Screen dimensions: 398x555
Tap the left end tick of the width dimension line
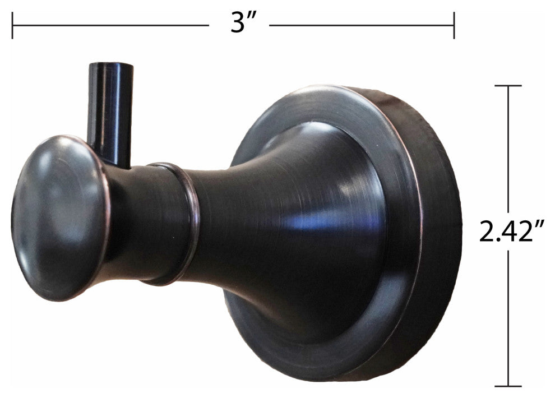click(12, 26)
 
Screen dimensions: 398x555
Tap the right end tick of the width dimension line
click(454, 26)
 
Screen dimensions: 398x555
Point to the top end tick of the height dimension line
click(508, 86)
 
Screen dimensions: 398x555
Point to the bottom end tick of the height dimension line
click(508, 386)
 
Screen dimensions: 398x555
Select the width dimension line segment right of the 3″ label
click(362, 26)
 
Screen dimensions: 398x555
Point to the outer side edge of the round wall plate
click(443, 235)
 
